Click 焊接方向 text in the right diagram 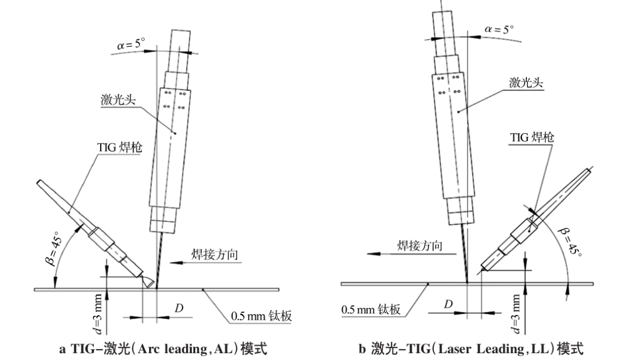pyautogui.click(x=420, y=247)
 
